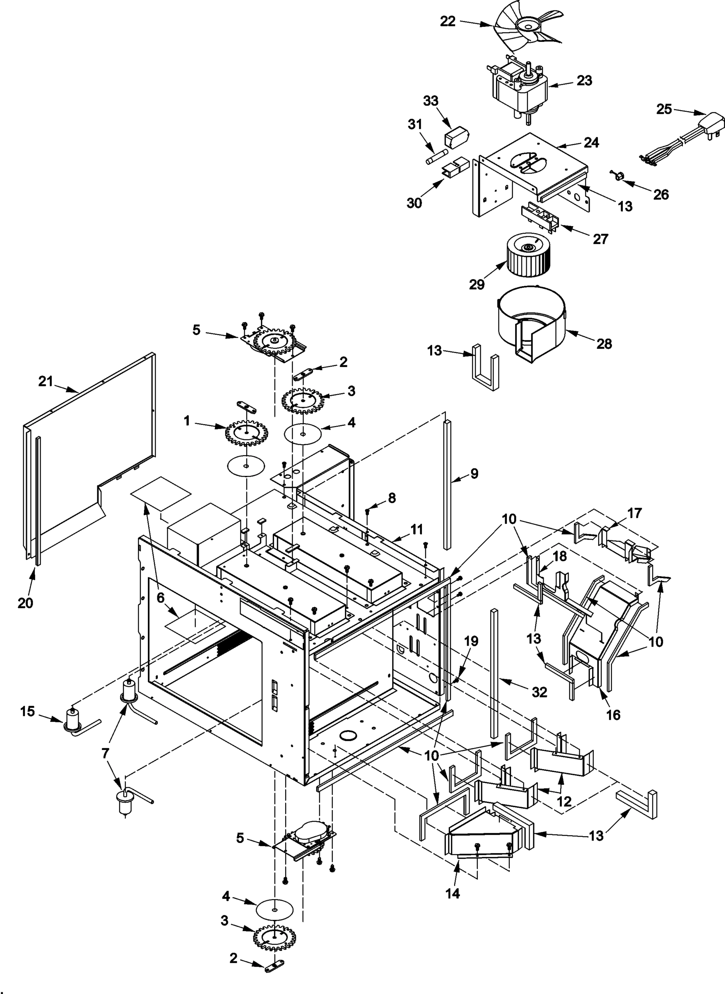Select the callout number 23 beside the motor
[x=584, y=80]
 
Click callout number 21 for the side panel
[x=46, y=381]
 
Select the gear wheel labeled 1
[x=246, y=434]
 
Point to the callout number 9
[x=474, y=473]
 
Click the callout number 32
[x=540, y=692]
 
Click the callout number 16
[x=613, y=715]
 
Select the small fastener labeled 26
[x=618, y=176]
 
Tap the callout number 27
[x=600, y=239]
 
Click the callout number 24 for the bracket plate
[x=591, y=143]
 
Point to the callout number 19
[x=471, y=641]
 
